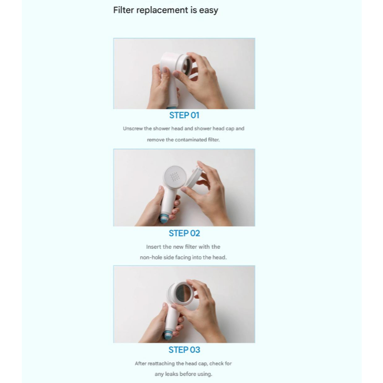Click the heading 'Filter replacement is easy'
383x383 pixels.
tap(165, 10)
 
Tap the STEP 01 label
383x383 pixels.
tap(184, 115)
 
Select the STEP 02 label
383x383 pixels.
tap(184, 233)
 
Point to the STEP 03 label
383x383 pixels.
tap(184, 350)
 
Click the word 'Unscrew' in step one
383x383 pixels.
tap(133, 129)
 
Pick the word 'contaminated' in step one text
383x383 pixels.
tap(191, 139)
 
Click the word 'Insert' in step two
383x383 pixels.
tap(154, 247)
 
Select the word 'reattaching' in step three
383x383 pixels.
tap(161, 364)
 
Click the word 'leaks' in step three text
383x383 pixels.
tap(172, 374)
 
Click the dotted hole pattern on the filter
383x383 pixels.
tap(174, 176)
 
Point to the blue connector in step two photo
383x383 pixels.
tap(163, 218)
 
